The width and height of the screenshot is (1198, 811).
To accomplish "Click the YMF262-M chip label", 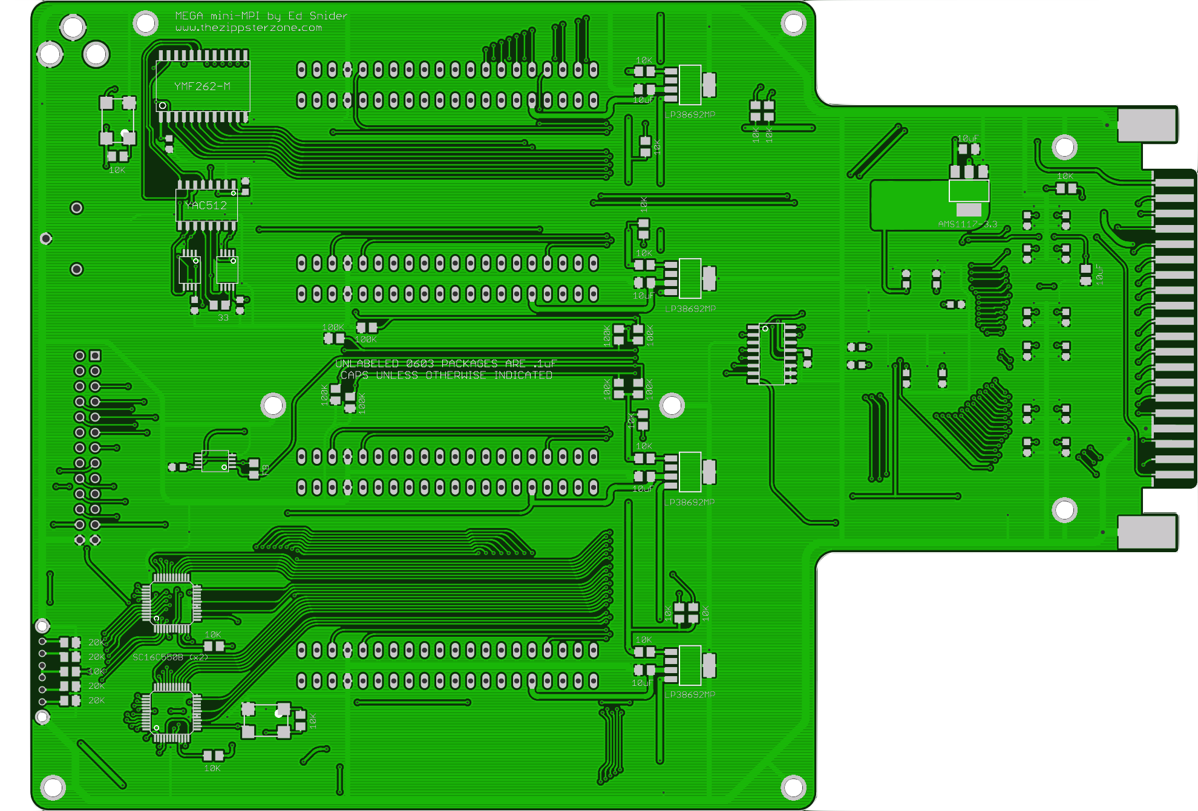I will pos(202,86).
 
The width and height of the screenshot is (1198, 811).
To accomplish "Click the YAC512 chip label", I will pos(206,206).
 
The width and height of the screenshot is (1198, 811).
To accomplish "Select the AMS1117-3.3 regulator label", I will pos(967,224).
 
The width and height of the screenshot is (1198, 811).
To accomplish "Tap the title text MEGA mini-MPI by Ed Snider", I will pos(261,16).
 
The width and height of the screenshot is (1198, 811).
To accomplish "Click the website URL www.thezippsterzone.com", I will pos(249,28).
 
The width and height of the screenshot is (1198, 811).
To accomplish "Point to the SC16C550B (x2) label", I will pos(170,657).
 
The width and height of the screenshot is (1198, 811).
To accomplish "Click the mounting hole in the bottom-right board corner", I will pos(793,787).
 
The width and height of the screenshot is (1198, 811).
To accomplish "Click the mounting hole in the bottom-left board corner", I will pos(53,787).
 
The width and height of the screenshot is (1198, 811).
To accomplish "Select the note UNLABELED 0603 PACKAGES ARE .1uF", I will pos(445,363).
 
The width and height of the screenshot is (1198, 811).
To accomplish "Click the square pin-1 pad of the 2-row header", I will pos(95,355).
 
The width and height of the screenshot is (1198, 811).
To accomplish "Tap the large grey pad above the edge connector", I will pos(1147,125).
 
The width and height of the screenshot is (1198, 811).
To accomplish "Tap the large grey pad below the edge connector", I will pos(1147,532).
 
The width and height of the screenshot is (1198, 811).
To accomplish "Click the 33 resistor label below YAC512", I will pos(223,318).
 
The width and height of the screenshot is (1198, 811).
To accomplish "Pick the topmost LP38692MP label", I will pos(690,115).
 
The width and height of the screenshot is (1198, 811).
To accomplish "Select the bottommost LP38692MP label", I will pos(690,695).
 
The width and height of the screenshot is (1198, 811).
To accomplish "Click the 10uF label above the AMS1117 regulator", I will pos(967,138).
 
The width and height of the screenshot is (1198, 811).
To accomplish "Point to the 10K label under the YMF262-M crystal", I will pos(117,171).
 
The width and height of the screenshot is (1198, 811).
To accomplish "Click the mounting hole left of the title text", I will pos(145,24).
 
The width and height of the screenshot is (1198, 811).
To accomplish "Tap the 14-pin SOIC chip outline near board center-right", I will pos(771,354).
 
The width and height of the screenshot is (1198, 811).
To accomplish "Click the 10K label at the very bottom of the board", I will pos(212,769).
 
